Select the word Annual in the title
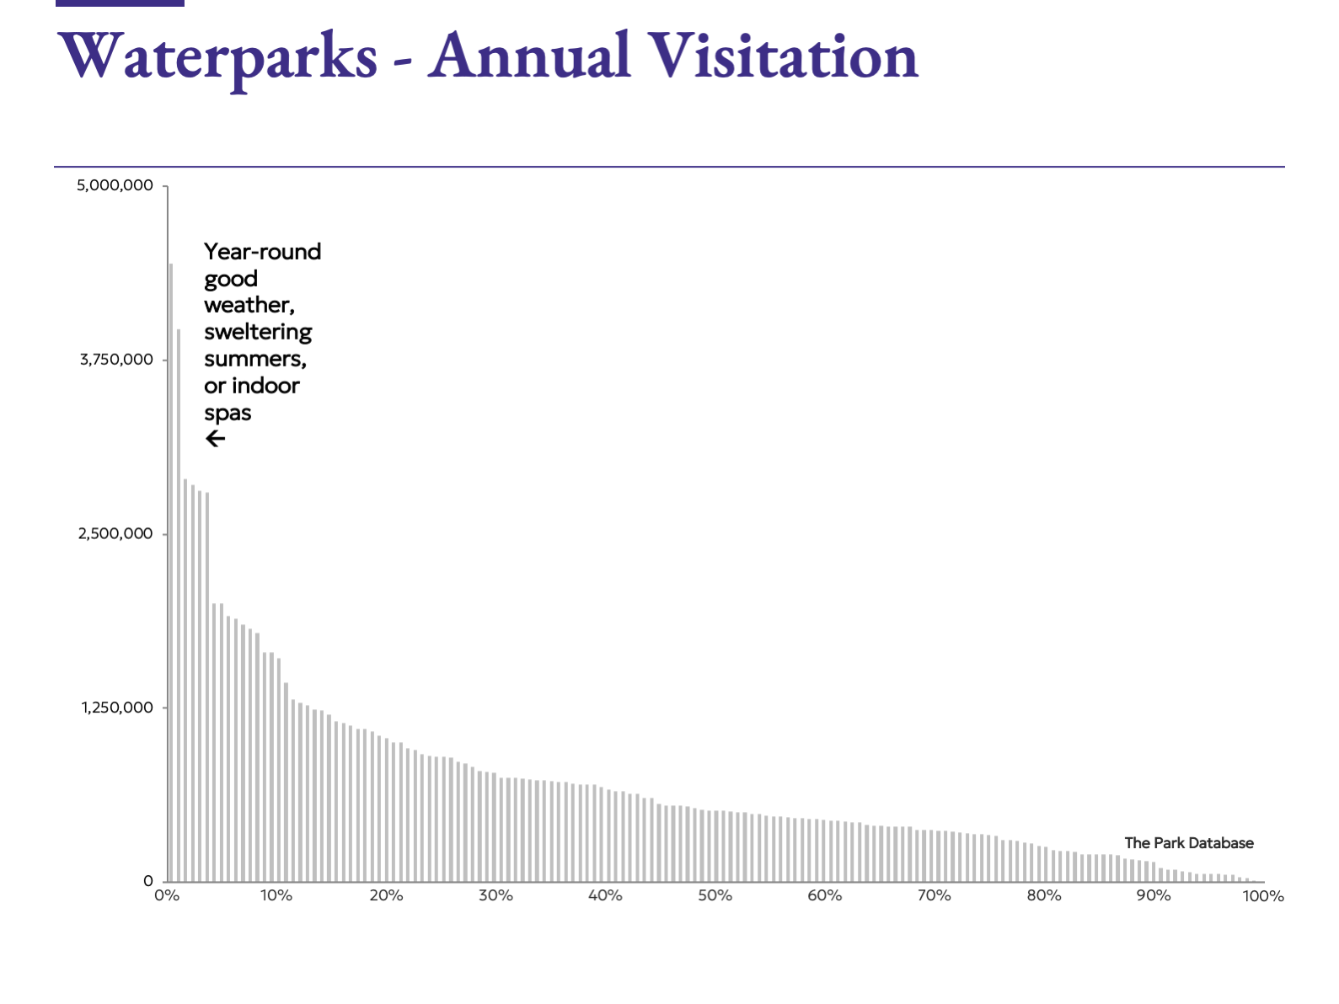(529, 56)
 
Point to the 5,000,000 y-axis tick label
(115, 185)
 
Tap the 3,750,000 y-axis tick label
(117, 360)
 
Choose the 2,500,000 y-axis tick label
(116, 534)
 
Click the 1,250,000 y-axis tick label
(118, 708)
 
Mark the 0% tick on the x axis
(167, 895)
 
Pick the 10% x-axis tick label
(276, 895)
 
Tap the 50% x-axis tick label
(715, 895)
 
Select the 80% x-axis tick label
(1043, 895)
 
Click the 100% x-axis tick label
(1263, 896)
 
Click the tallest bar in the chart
(171, 573)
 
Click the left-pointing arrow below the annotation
(216, 439)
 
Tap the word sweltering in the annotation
(258, 332)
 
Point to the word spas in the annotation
(228, 413)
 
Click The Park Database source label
(1189, 843)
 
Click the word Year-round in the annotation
(262, 252)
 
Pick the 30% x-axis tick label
(495, 895)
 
